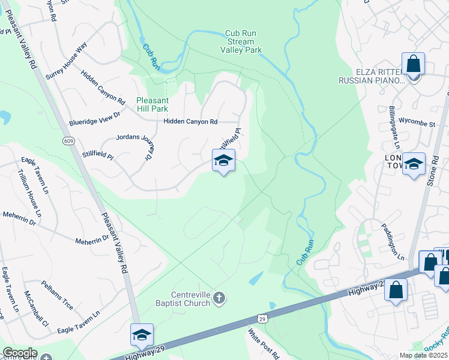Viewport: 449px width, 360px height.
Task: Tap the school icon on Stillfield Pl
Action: pyautogui.click(x=223, y=160)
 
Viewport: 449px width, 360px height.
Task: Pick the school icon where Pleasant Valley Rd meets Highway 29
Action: pyautogui.click(x=142, y=334)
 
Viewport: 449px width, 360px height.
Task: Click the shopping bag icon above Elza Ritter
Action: pyautogui.click(x=414, y=64)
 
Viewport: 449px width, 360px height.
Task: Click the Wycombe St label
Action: pyautogui.click(x=417, y=124)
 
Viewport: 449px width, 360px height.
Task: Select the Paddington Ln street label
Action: pyautogui.click(x=393, y=241)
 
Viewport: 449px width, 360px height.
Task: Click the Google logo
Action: pyautogui.click(x=20, y=353)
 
